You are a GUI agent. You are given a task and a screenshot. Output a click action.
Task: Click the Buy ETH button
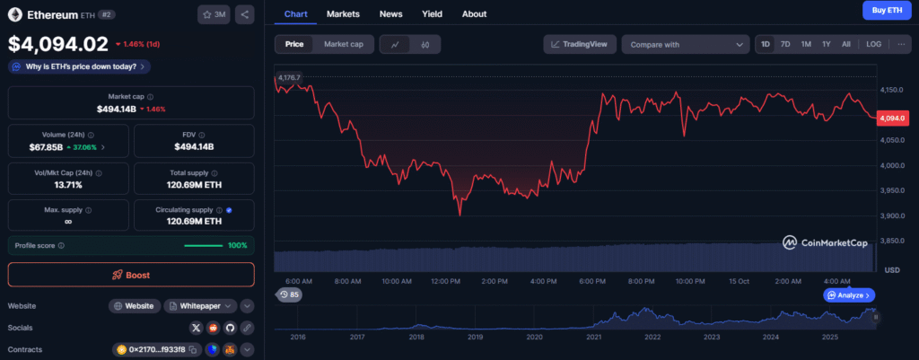tap(882, 10)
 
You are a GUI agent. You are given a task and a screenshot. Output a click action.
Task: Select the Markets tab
tap(344, 14)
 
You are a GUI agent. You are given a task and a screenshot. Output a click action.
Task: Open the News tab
tap(390, 14)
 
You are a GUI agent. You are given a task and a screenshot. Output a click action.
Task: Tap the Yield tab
tap(433, 14)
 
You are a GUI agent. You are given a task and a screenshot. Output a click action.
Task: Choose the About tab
tap(474, 14)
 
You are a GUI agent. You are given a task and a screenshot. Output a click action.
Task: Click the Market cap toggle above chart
tap(344, 44)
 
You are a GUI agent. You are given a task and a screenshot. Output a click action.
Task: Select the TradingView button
tap(580, 44)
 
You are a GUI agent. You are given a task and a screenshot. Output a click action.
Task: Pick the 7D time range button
tap(785, 44)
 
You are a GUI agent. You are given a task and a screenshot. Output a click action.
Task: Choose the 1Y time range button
tap(827, 44)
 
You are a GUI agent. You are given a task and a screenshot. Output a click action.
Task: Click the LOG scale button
tap(873, 44)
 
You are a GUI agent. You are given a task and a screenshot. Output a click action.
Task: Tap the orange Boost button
tap(131, 275)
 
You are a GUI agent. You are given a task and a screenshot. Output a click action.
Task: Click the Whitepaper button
tap(200, 306)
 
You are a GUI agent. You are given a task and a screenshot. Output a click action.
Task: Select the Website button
tap(135, 306)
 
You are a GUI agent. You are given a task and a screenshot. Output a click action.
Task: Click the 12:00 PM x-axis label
tap(445, 281)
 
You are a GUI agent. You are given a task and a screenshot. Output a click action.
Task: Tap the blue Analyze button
tap(849, 294)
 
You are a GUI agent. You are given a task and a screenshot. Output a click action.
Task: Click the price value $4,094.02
tap(58, 43)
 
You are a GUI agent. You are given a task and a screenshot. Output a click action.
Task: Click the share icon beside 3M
tap(245, 14)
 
